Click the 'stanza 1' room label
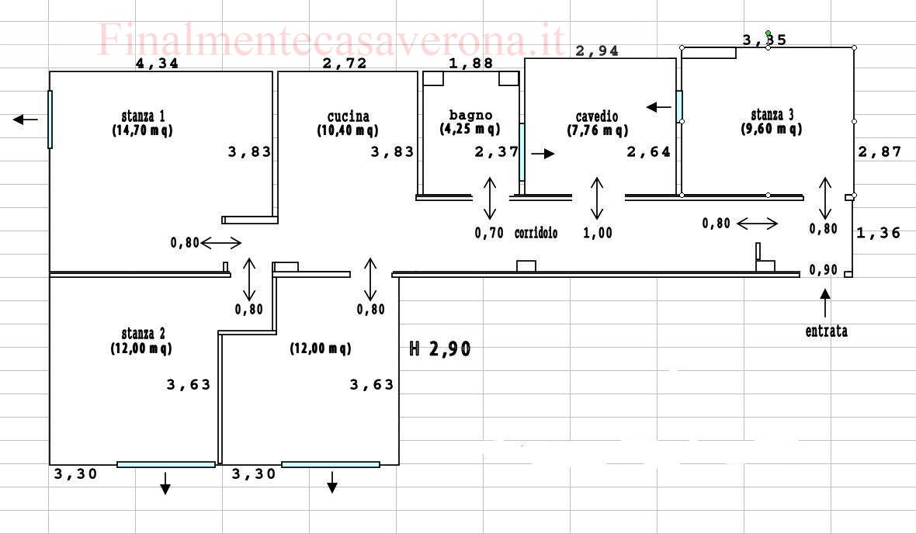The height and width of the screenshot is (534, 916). click(143, 116)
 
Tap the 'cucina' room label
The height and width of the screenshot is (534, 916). click(349, 116)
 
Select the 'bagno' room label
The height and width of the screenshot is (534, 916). click(470, 115)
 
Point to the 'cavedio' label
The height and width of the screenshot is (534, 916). click(596, 116)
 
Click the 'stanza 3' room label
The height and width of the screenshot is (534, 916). click(772, 115)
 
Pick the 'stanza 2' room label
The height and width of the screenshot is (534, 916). click(143, 334)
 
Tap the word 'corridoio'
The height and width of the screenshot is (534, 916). click(536, 233)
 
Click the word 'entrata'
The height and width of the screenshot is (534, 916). click(826, 331)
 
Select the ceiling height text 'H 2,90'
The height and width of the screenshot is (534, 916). click(440, 348)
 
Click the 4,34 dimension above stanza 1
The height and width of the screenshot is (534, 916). click(157, 63)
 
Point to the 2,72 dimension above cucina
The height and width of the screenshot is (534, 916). click(345, 63)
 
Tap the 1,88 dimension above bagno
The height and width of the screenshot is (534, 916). click(471, 63)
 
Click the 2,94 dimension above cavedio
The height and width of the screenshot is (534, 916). click(597, 50)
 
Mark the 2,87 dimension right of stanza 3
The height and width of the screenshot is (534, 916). click(880, 152)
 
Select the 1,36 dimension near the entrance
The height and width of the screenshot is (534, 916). click(879, 233)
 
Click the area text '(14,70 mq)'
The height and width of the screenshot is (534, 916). click(143, 130)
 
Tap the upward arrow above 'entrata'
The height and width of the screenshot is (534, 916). click(825, 303)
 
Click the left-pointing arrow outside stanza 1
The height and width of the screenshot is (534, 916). click(25, 120)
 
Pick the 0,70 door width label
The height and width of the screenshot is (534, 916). click(489, 233)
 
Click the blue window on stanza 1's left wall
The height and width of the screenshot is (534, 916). click(50, 120)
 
